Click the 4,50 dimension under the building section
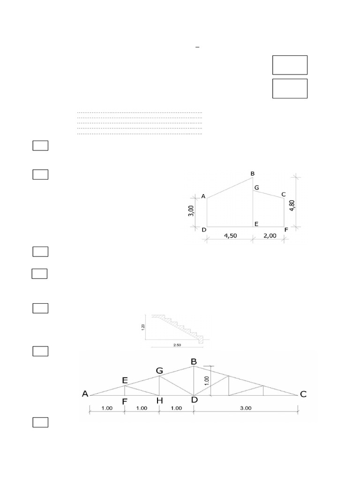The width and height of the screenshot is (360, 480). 228,236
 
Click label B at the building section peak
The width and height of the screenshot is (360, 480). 253,174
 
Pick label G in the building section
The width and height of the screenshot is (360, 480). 256,187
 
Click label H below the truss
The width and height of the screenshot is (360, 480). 159,401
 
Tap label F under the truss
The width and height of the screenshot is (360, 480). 125,401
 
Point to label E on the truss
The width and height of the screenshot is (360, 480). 125,381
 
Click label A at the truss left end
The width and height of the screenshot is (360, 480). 85,394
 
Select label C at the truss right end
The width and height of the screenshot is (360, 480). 303,394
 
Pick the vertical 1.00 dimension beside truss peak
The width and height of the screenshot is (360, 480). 207,380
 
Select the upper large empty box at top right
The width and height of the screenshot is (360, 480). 290,65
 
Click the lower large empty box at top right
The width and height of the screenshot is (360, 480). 290,89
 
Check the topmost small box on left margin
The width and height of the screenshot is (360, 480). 41,146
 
